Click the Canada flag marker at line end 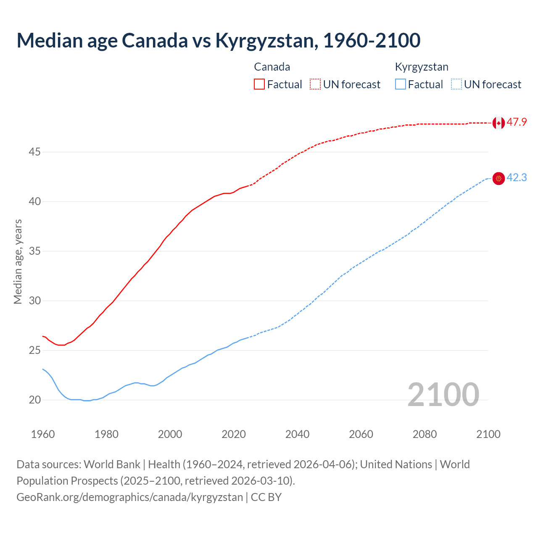[498, 123]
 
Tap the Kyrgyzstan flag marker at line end [498, 178]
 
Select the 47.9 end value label [517, 122]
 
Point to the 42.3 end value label [517, 178]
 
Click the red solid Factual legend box [259, 84]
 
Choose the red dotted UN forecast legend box [315, 84]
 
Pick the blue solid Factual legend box [401, 84]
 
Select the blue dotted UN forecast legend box [456, 84]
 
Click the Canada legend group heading [272, 67]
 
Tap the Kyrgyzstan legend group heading [422, 67]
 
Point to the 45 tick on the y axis [34, 152]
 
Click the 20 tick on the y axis [34, 400]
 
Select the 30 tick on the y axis [34, 301]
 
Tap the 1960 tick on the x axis [43, 434]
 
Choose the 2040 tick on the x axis [297, 434]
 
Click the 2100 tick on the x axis [488, 434]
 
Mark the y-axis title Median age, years [18, 261]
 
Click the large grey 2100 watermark [443, 394]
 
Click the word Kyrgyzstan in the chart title [266, 40]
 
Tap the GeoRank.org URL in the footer [129, 497]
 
